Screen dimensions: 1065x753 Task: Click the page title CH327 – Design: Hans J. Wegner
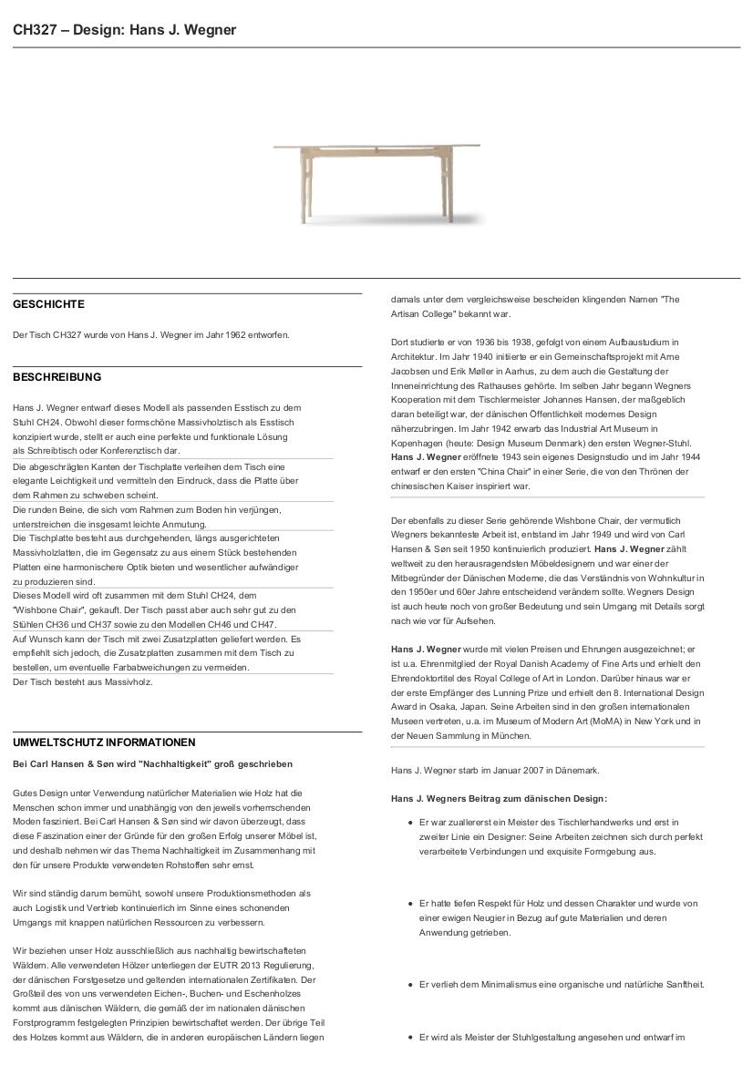pyautogui.click(x=124, y=30)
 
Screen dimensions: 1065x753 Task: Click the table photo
pyautogui.click(x=376, y=181)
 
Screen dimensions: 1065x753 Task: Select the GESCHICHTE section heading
pyautogui.click(x=48, y=304)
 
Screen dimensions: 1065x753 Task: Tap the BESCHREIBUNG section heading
pyautogui.click(x=57, y=377)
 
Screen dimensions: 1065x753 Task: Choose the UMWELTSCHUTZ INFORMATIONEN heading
pyautogui.click(x=104, y=742)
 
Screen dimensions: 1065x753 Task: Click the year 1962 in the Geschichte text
pyautogui.click(x=228, y=335)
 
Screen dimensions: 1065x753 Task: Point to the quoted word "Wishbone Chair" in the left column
pyautogui.click(x=46, y=609)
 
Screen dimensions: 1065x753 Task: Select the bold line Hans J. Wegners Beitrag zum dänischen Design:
pyautogui.click(x=499, y=799)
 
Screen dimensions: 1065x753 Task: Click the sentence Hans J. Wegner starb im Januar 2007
pyautogui.click(x=495, y=771)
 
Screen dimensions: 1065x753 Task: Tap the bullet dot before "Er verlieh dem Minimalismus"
pyautogui.click(x=410, y=985)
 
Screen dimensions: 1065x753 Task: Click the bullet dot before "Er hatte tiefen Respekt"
pyautogui.click(x=410, y=904)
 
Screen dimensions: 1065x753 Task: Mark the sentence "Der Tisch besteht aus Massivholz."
pyautogui.click(x=83, y=681)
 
